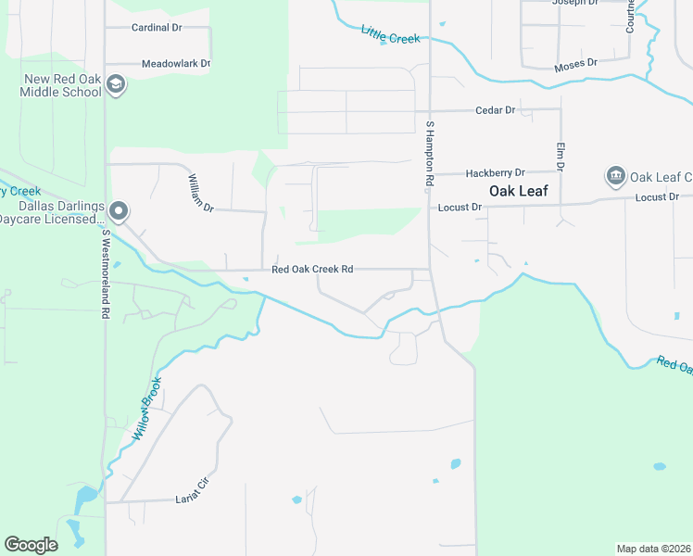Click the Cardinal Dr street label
pyautogui.click(x=157, y=28)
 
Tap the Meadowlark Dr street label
pyautogui.click(x=176, y=64)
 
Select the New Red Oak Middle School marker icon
pyautogui.click(x=117, y=85)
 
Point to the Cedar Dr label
pyautogui.click(x=495, y=110)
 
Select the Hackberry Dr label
pyautogui.click(x=495, y=173)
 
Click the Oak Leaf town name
pyautogui.click(x=518, y=192)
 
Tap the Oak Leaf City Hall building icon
pyautogui.click(x=614, y=176)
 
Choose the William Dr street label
pyautogui.click(x=201, y=193)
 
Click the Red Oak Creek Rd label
pyautogui.click(x=312, y=271)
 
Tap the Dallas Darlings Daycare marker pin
pyautogui.click(x=118, y=210)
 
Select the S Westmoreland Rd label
pyautogui.click(x=107, y=274)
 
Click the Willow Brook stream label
pyautogui.click(x=146, y=408)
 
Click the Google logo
pyautogui.click(x=31, y=545)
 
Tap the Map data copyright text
pyautogui.click(x=653, y=549)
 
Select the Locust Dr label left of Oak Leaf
pyautogui.click(x=460, y=208)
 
